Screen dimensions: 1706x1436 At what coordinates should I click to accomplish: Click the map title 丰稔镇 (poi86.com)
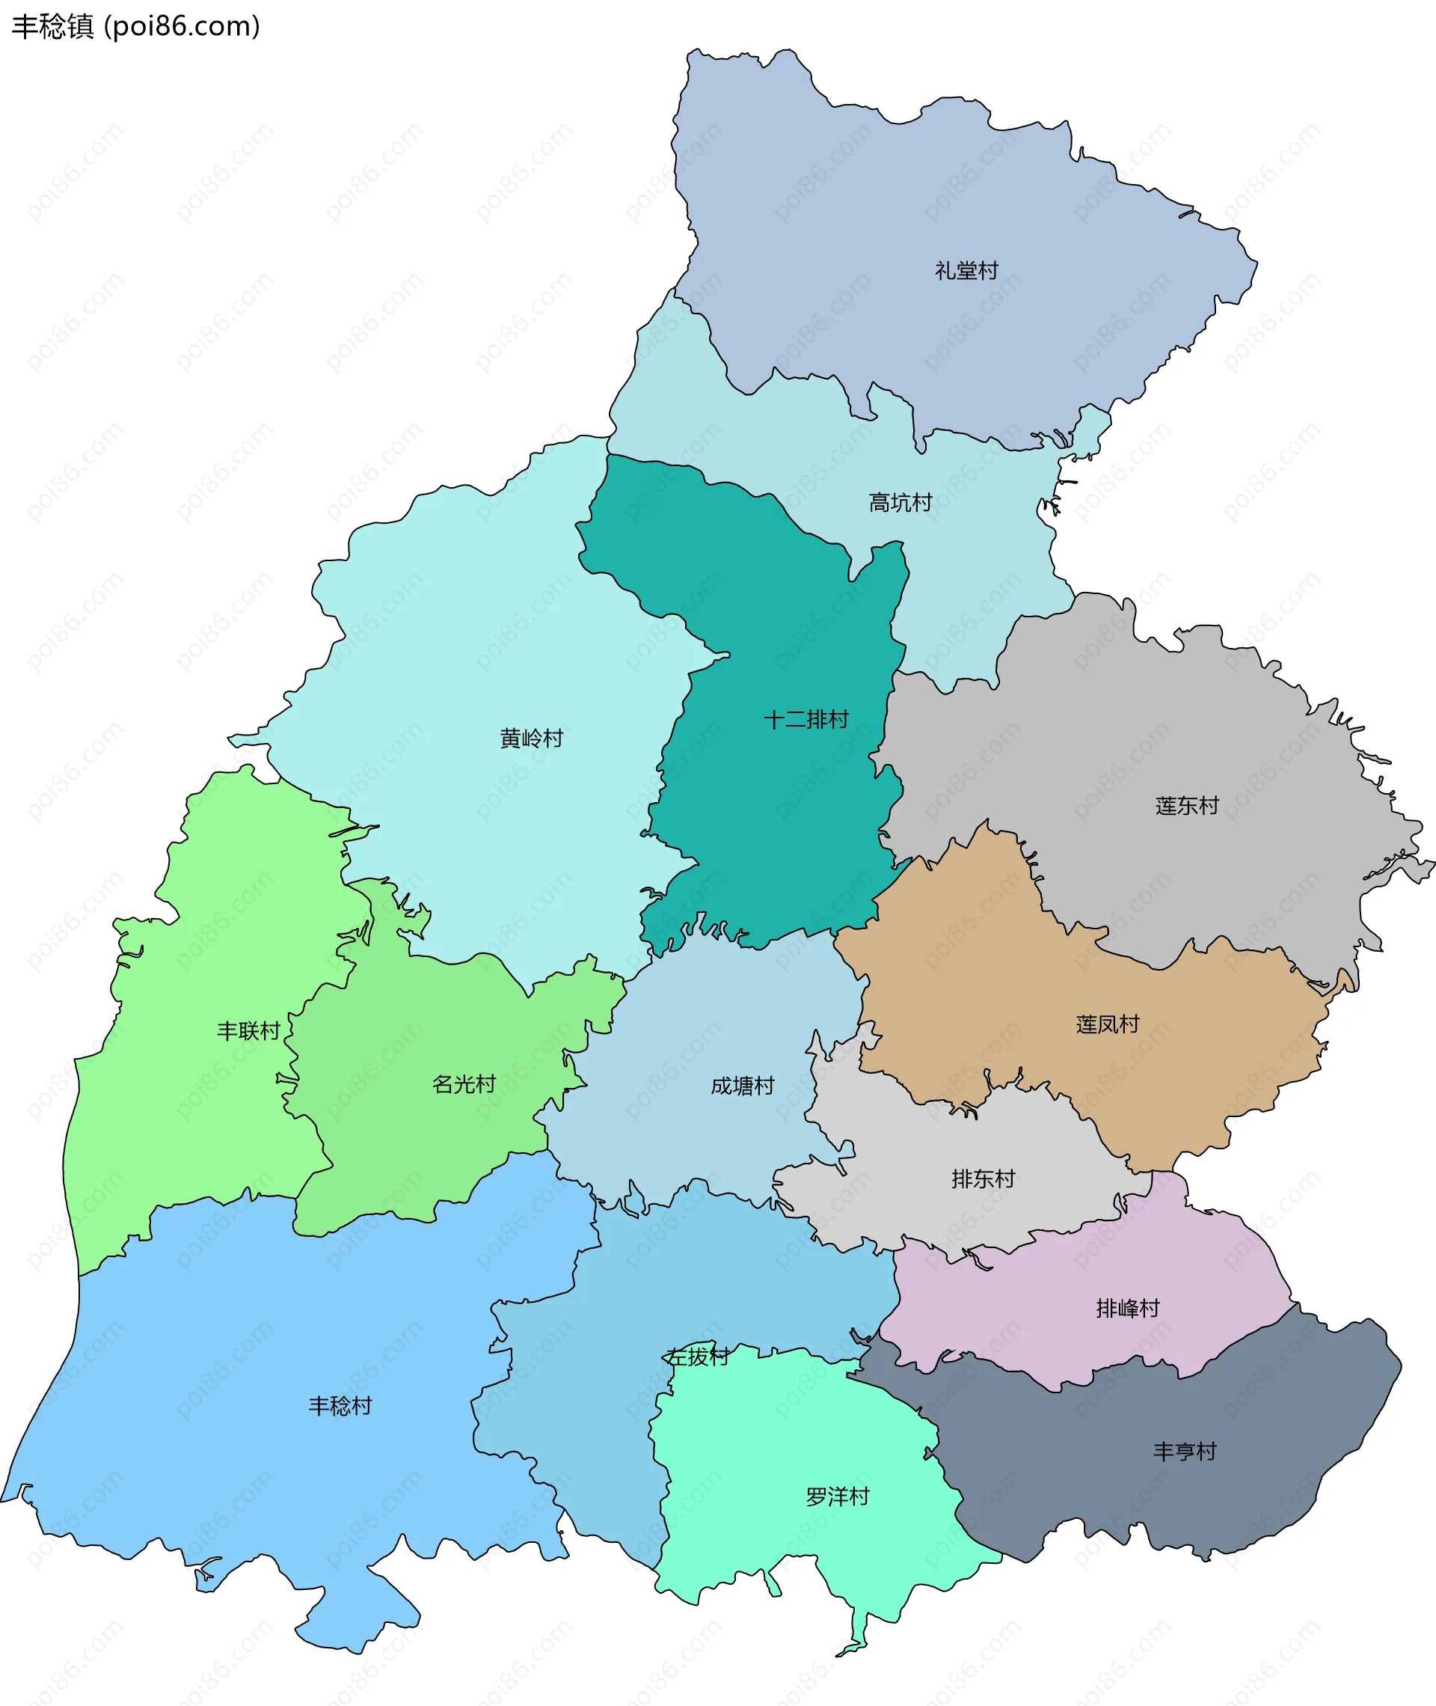click(135, 27)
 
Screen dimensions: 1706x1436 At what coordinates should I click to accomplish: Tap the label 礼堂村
click(966, 270)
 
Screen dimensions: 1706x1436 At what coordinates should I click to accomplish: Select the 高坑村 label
click(900, 502)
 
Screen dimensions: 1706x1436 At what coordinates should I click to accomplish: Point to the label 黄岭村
click(532, 739)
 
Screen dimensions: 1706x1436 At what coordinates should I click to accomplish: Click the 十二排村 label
click(806, 719)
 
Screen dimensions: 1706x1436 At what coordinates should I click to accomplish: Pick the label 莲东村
click(1187, 805)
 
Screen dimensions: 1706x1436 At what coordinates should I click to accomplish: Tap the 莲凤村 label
click(1107, 1024)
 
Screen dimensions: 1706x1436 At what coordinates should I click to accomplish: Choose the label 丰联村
click(248, 1031)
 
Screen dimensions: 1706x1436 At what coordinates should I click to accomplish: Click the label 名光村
click(464, 1084)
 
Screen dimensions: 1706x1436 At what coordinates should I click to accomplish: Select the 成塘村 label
click(743, 1086)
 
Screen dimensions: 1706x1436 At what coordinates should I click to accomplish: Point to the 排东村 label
click(984, 1178)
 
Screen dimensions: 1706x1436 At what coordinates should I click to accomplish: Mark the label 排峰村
click(1127, 1309)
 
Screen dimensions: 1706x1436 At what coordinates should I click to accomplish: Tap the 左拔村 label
click(698, 1357)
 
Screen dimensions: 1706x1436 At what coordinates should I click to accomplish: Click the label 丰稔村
click(340, 1405)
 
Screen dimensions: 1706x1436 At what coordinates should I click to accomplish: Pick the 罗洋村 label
click(838, 1496)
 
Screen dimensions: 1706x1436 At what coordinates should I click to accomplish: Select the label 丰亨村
click(1185, 1451)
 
